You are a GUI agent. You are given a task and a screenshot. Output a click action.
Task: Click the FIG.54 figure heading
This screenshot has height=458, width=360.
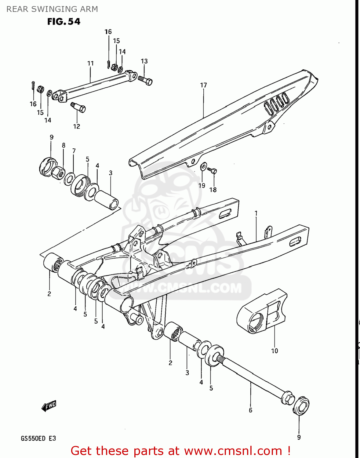coord(64,22)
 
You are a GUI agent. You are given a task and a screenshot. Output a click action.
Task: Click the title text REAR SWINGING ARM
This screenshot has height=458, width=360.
coord(52,9)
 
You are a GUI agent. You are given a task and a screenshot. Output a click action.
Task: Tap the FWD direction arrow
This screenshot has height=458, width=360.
coord(49,406)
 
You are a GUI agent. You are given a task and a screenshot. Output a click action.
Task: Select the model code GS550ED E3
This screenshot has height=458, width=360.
coord(38,438)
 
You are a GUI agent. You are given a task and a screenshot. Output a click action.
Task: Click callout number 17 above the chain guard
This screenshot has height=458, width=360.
coord(203,85)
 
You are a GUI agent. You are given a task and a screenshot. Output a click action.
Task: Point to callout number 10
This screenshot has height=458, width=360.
coord(275,351)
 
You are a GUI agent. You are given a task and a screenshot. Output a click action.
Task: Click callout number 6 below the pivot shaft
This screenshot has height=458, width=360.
coord(250,410)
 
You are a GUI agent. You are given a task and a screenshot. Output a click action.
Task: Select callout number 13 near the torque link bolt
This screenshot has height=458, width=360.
coord(144,61)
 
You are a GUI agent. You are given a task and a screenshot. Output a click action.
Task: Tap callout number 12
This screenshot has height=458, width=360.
coord(76,126)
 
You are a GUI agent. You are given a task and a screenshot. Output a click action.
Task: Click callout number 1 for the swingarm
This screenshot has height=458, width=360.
coord(256,213)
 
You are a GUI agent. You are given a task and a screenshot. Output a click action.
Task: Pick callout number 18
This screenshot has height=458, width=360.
coord(213,190)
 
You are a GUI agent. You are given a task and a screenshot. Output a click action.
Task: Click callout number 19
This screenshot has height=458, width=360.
coord(202,186)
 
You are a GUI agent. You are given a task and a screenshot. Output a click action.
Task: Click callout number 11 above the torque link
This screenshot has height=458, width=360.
coord(90,63)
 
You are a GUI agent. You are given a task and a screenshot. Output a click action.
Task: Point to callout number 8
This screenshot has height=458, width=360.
coord(64,145)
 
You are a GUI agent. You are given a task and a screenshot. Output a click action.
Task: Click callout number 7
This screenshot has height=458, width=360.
coord(74,151)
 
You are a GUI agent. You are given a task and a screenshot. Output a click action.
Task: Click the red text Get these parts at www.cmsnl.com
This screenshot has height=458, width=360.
coord(180,451)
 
